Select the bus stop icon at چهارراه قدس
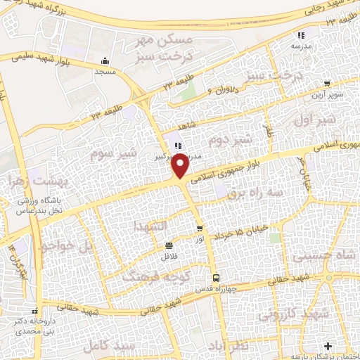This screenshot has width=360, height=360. [216, 277]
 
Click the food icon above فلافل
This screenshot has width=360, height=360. [168, 245]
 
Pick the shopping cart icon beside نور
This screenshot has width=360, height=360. [200, 229]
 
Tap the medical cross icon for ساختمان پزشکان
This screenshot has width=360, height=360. [328, 347]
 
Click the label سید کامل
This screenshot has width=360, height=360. [103, 347]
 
